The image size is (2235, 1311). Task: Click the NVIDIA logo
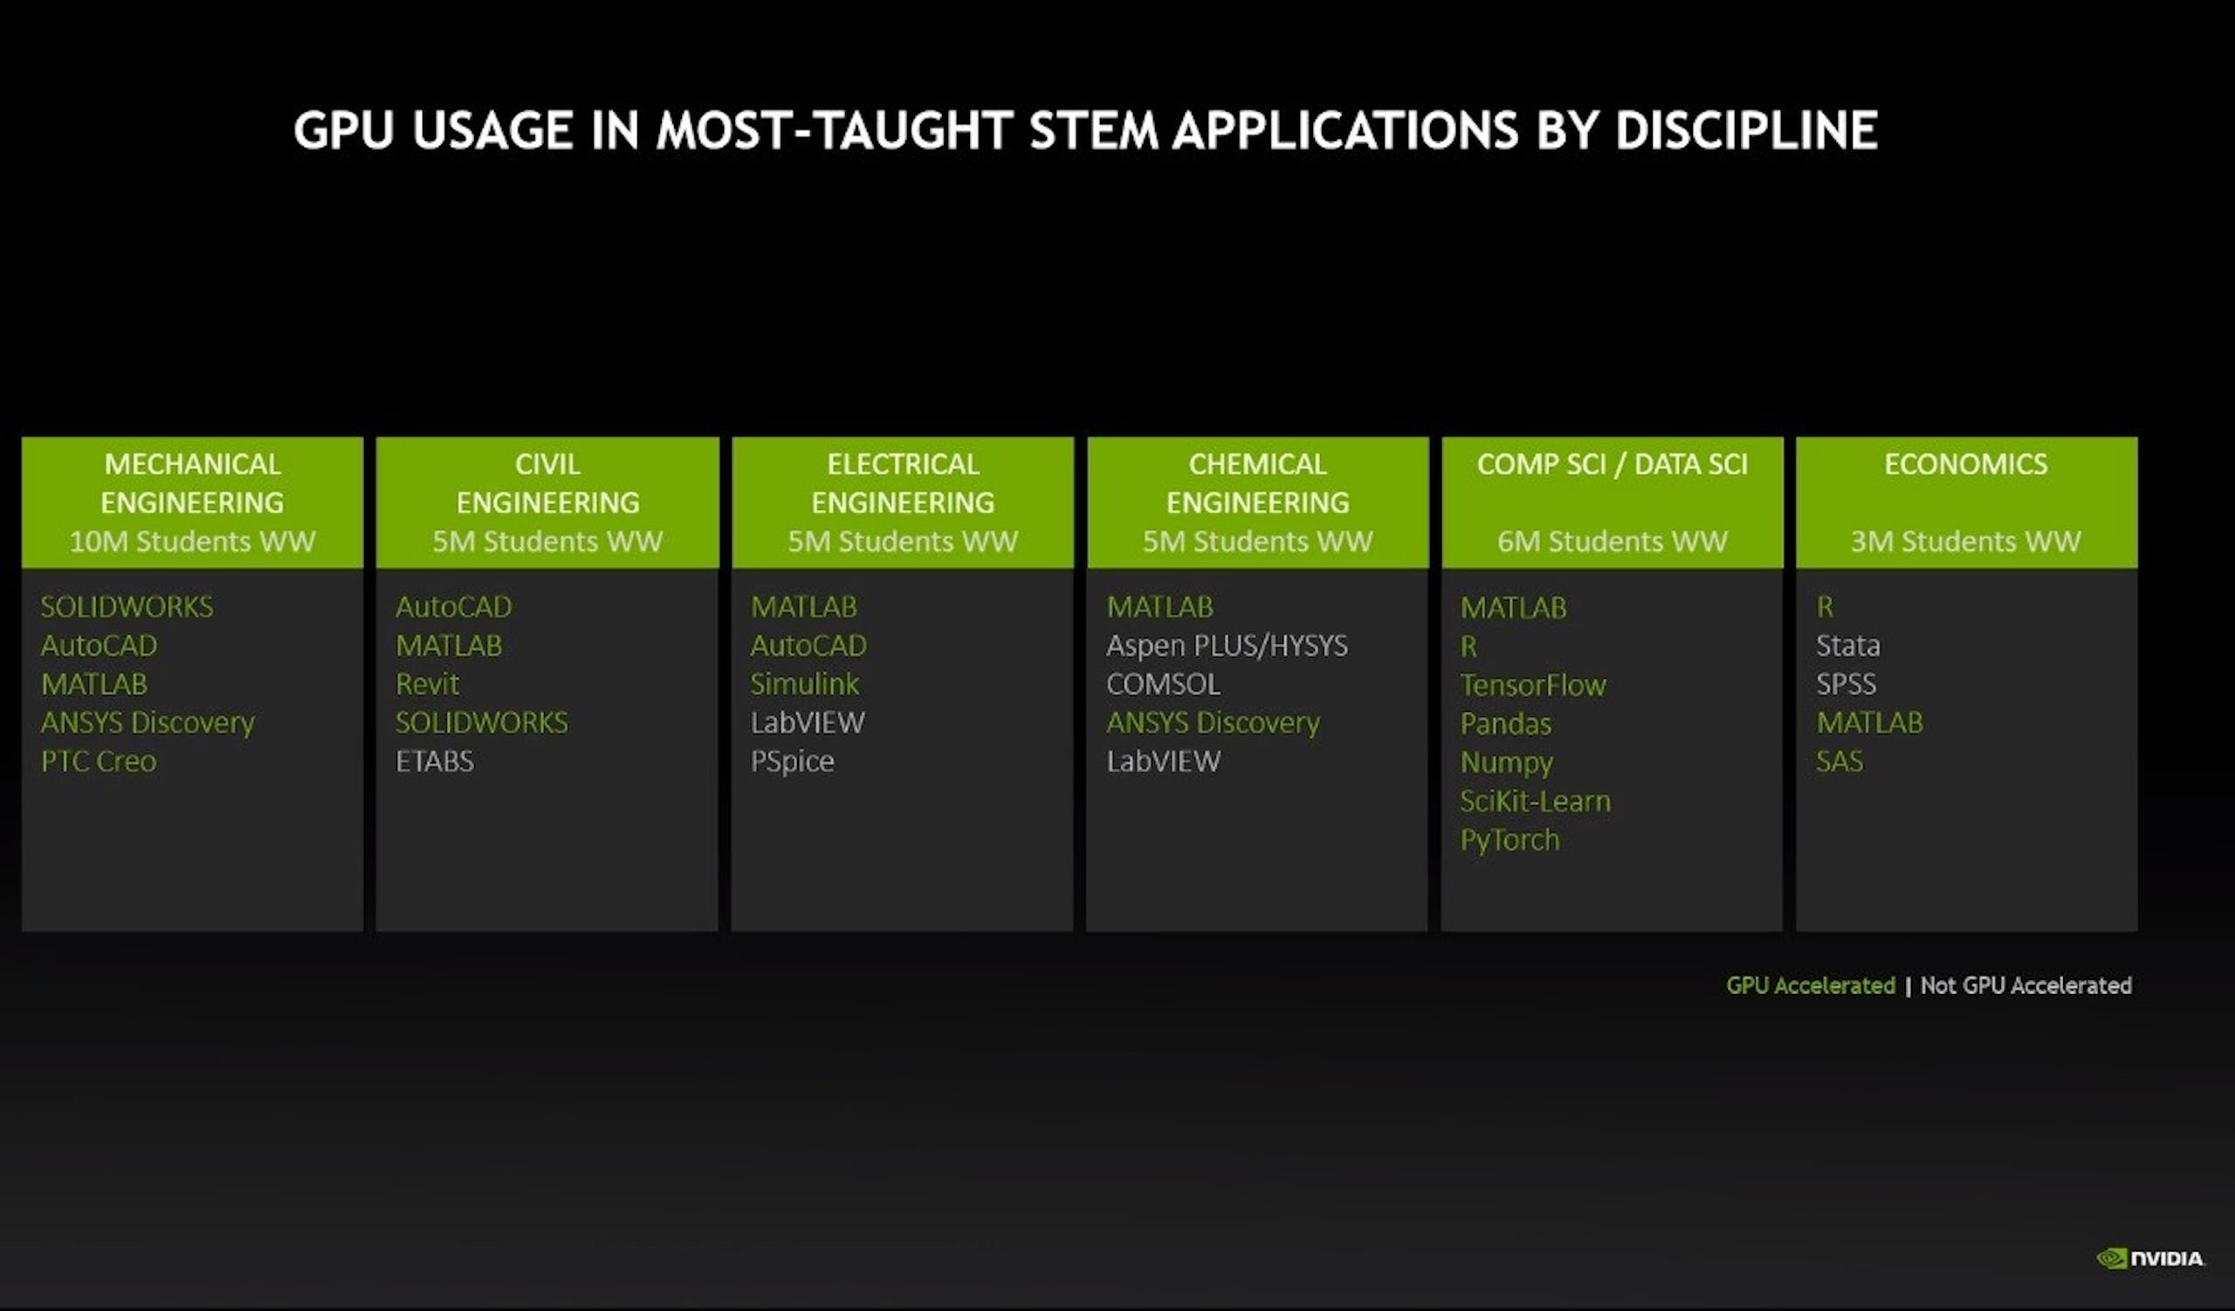click(x=2149, y=1259)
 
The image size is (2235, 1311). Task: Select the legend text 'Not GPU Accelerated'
click(x=2025, y=985)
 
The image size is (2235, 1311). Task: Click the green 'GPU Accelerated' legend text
click(x=1810, y=985)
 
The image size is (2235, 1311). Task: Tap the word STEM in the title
click(x=1094, y=130)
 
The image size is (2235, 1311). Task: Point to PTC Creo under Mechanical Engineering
click(x=99, y=761)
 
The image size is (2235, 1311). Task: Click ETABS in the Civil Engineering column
click(x=435, y=761)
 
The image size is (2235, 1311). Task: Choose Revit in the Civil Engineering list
click(x=428, y=684)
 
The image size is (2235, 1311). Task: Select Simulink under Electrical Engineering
click(x=804, y=684)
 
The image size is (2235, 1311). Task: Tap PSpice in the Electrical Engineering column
click(x=792, y=762)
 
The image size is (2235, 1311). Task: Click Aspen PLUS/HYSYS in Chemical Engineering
click(x=1227, y=645)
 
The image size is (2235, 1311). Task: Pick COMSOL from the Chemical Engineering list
click(x=1163, y=684)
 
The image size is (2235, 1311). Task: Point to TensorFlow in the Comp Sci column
click(x=1532, y=685)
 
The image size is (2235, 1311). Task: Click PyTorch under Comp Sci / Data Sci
click(x=1509, y=840)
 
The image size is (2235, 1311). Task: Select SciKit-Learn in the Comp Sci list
click(x=1535, y=801)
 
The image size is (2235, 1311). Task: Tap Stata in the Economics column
click(x=1847, y=645)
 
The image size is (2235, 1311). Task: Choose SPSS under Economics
click(x=1846, y=684)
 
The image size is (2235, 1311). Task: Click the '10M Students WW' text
click(x=192, y=541)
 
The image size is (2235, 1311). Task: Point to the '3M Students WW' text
click(x=1965, y=541)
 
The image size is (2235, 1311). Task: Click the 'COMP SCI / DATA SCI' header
click(x=1613, y=464)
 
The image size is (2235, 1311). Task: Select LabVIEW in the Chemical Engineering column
click(x=1163, y=761)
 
